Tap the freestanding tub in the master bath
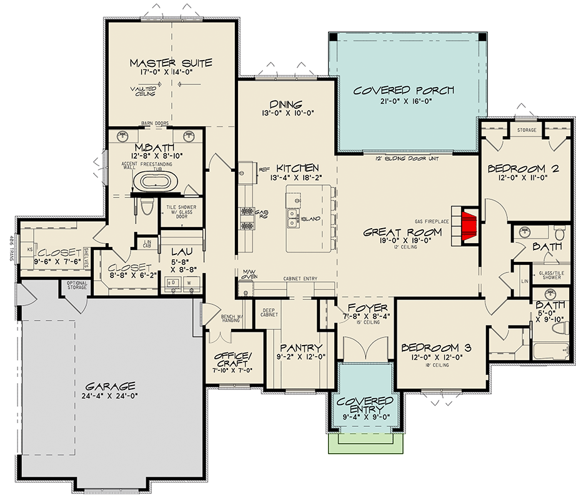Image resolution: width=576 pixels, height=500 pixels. point(154,182)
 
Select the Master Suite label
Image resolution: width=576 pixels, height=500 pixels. point(171,63)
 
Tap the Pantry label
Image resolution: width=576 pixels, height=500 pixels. point(302,348)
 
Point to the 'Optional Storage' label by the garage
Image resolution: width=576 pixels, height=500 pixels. point(77,286)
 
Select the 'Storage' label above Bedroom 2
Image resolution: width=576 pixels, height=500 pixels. point(527,130)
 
